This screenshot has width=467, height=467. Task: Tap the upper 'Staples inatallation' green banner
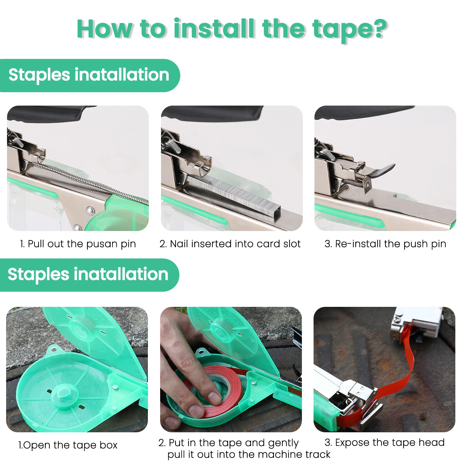(89, 75)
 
